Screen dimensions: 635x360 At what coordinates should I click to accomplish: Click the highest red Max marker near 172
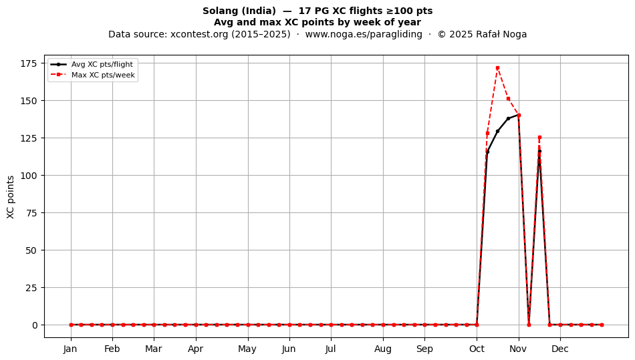497,68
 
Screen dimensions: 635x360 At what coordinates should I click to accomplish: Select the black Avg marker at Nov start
519,116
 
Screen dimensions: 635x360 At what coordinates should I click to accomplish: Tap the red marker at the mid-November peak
539,138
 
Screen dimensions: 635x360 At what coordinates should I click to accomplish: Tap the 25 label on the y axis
32,288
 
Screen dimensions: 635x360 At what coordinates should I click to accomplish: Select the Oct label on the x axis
477,349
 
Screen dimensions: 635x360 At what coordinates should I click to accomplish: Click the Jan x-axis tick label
70,349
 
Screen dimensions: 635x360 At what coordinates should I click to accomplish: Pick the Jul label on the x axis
331,349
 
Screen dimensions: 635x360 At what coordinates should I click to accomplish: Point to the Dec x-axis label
560,349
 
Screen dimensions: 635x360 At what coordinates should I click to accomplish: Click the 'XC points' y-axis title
11,197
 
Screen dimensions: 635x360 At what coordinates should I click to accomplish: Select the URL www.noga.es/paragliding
364,34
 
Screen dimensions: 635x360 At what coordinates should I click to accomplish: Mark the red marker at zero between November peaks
529,325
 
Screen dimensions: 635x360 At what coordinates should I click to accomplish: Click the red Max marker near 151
508,99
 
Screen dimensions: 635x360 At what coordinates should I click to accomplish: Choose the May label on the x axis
247,349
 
